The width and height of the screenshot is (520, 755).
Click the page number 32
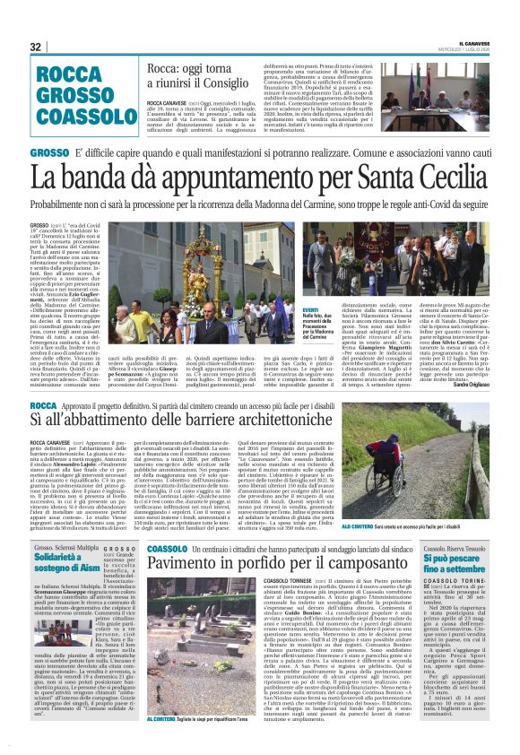tap(35, 47)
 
